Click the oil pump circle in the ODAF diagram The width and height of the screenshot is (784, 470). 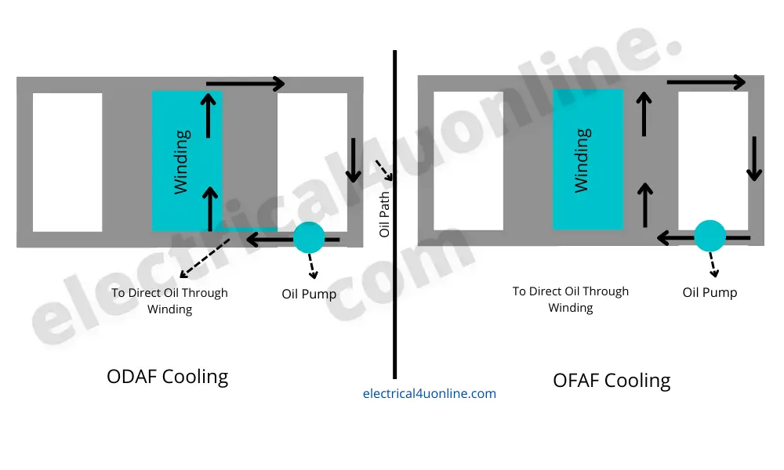pos(308,237)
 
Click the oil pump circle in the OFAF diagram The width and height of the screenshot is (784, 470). pos(710,236)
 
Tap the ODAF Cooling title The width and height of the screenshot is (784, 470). pos(167,377)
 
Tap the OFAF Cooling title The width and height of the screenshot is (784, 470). pos(612,381)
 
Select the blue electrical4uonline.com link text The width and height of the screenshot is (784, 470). pos(429,394)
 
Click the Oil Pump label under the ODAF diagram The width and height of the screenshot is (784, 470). pos(309,295)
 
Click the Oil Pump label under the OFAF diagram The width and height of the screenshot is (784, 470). pos(710,292)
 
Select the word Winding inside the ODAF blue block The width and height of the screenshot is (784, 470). pos(181,162)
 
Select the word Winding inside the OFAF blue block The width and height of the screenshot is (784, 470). pos(582,161)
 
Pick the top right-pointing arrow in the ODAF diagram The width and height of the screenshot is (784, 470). pos(245,83)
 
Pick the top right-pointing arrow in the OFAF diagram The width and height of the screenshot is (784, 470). pos(706,81)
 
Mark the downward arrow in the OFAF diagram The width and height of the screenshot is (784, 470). pos(755,158)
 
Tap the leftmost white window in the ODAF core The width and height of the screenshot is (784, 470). pos(67,162)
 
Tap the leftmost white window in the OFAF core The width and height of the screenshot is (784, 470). pos(468,161)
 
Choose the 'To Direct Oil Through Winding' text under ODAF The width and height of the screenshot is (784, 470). pos(169,301)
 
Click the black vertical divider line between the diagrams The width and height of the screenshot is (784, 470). pos(394,313)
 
